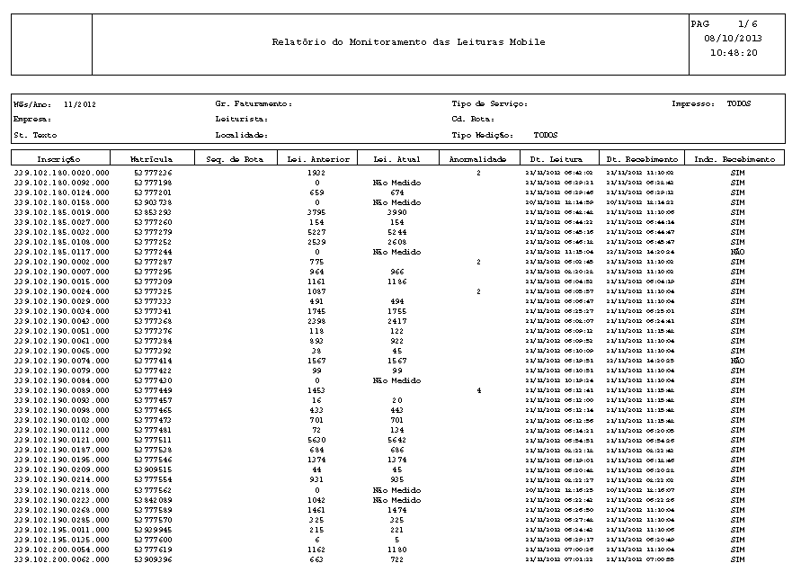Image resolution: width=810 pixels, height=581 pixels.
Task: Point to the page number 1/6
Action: [747, 23]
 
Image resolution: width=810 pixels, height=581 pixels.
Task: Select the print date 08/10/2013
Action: [733, 38]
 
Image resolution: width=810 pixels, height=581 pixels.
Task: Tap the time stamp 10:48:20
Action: [734, 52]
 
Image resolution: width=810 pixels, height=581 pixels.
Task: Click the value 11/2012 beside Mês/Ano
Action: [80, 104]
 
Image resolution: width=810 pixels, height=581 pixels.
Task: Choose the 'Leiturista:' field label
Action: [242, 119]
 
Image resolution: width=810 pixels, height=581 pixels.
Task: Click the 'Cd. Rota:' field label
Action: [473, 119]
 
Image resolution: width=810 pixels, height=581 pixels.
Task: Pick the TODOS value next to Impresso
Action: [739, 103]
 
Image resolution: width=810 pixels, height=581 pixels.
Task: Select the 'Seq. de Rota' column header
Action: [235, 159]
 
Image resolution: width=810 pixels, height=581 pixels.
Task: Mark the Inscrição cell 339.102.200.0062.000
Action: [62, 559]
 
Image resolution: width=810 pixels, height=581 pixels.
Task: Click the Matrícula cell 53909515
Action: [153, 470]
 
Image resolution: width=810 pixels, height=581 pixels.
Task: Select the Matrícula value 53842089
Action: [153, 500]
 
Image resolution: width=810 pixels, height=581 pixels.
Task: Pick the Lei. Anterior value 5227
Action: [316, 232]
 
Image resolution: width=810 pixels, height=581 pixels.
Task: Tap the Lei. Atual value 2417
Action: [396, 321]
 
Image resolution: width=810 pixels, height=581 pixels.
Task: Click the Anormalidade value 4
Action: [479, 390]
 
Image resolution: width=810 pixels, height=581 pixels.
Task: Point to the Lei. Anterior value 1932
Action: [316, 172]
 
